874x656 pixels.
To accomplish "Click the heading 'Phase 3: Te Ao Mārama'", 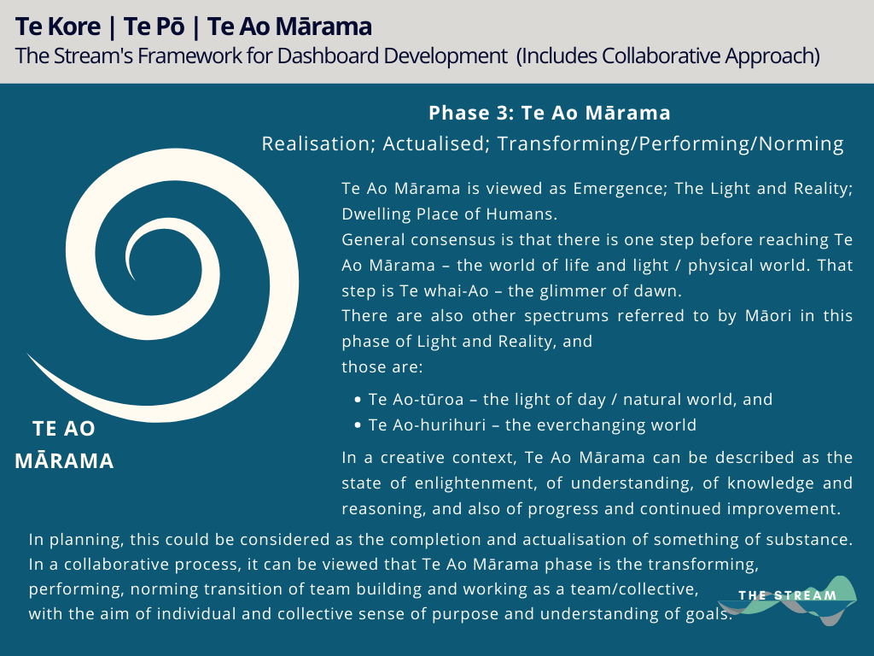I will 549,113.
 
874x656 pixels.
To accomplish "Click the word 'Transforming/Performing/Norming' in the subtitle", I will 670,143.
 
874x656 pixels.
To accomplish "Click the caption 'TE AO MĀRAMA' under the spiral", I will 64,445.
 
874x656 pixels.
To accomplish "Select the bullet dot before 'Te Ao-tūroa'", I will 357,400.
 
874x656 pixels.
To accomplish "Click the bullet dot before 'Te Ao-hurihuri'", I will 357,425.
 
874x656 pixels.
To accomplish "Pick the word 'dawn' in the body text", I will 661,290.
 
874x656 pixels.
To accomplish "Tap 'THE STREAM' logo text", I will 787,595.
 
